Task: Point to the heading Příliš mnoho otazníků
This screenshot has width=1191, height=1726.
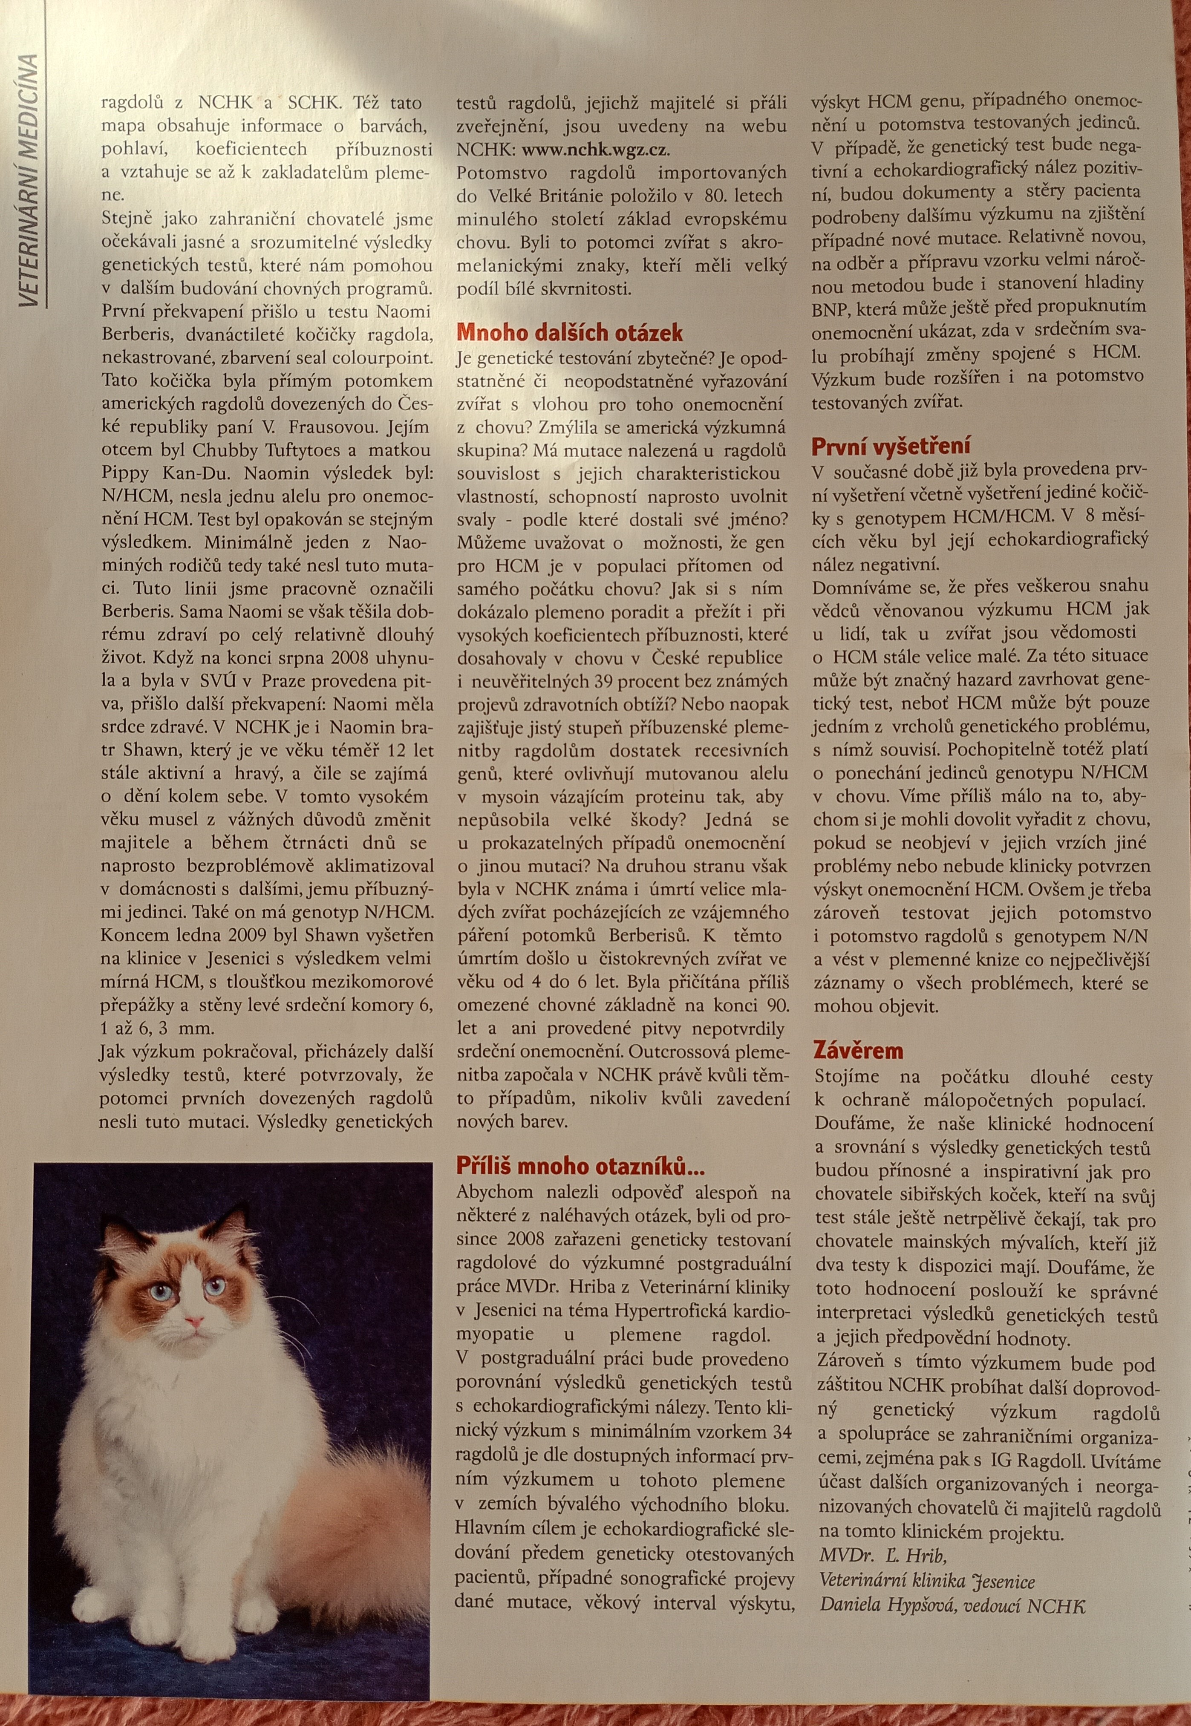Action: [x=580, y=1166]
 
